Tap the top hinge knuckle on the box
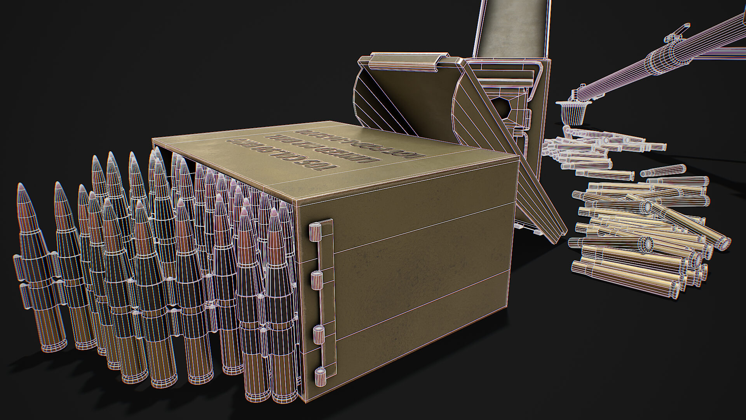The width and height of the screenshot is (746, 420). click(x=314, y=232)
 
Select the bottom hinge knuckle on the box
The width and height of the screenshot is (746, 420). click(x=321, y=377)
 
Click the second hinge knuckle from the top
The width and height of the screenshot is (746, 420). click(x=316, y=280)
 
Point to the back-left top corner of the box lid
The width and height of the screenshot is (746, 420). click(x=152, y=139)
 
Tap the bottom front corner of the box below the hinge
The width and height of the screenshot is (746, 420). click(x=307, y=403)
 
